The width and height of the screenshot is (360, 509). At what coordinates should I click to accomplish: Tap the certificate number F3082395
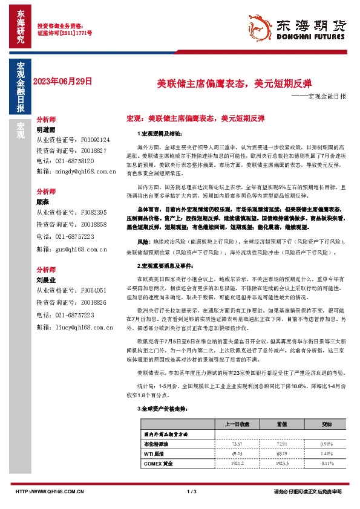click(93, 213)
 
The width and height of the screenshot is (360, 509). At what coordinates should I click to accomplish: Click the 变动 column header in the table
click(326, 423)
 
